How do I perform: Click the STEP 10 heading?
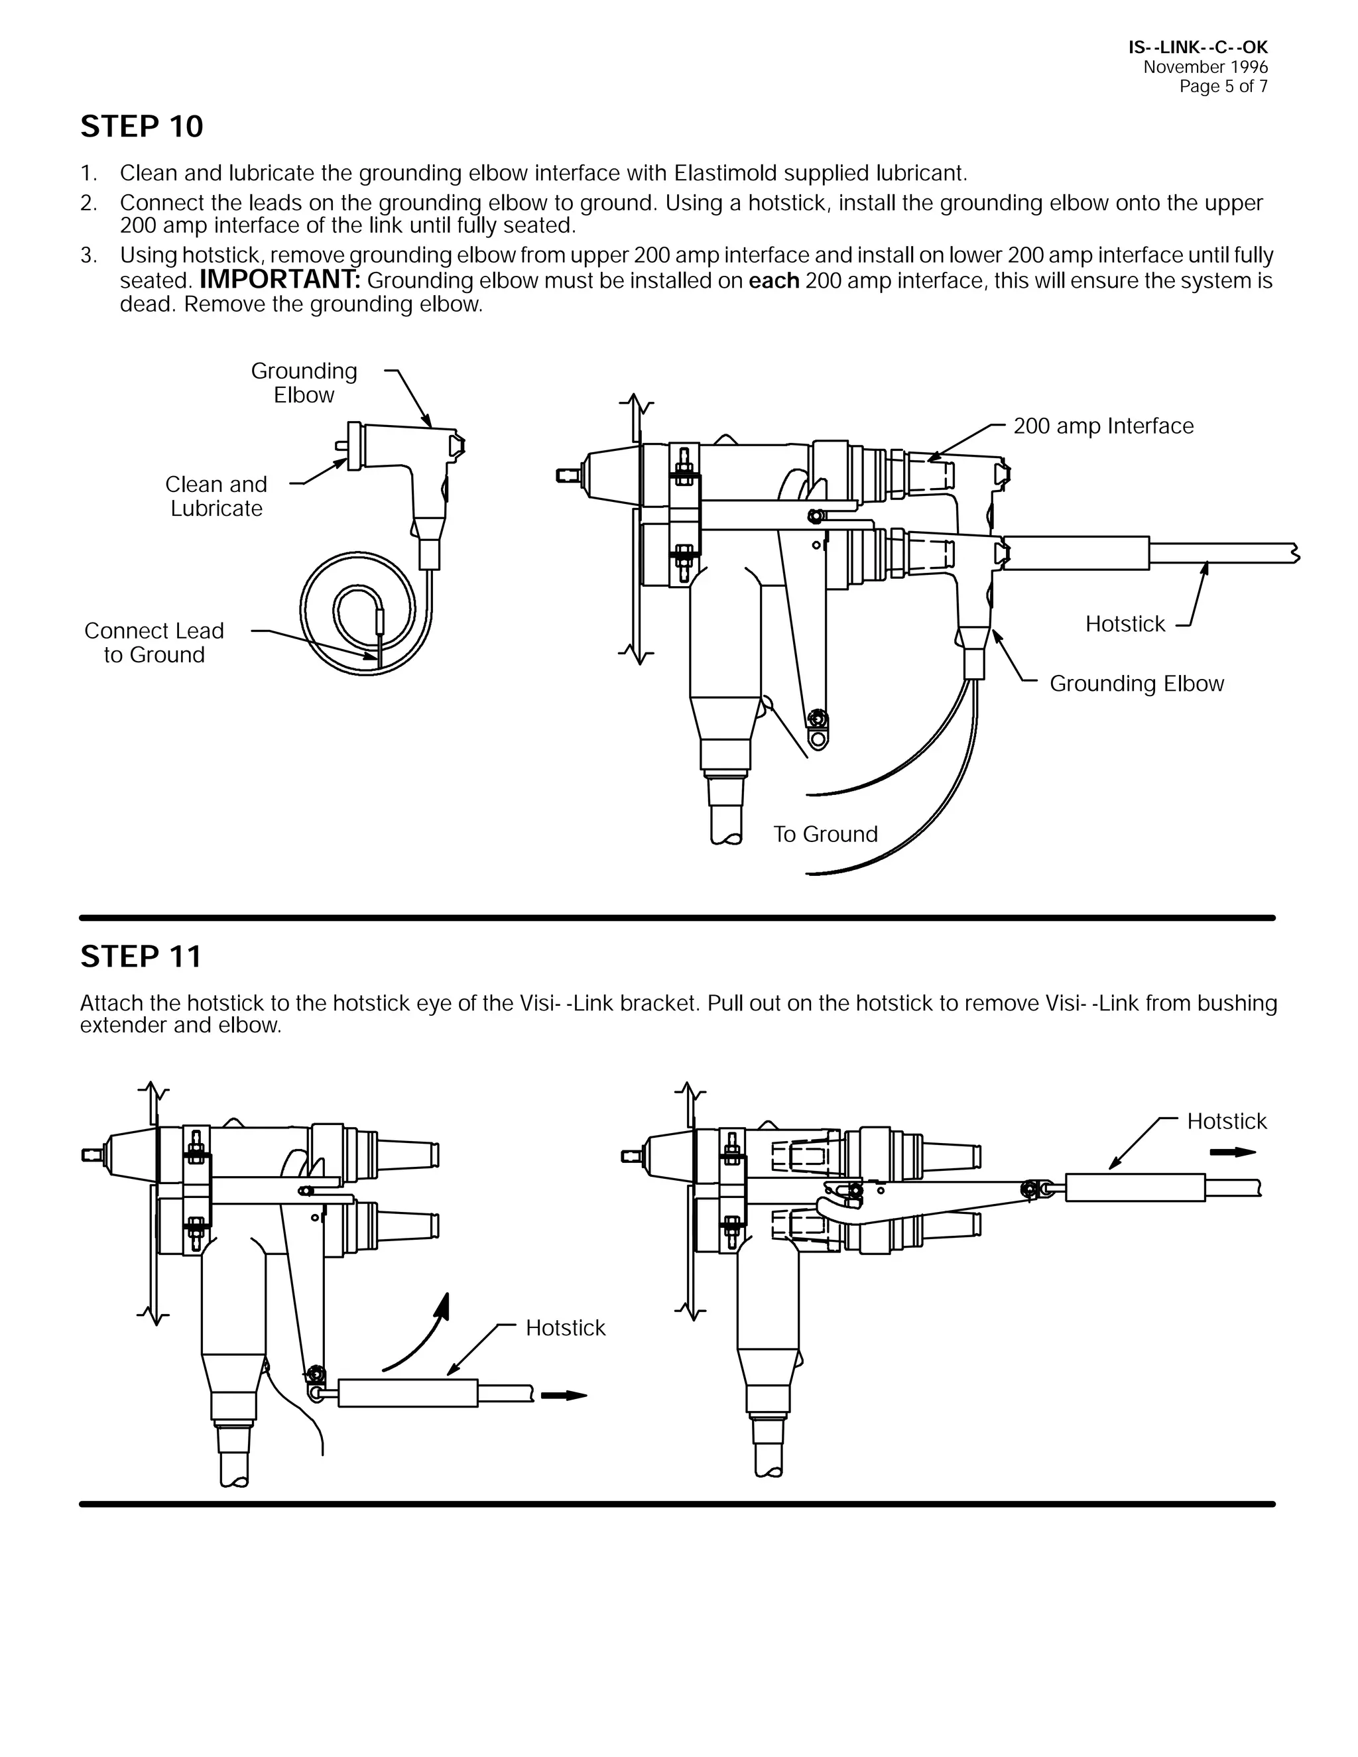142,127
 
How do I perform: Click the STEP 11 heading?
141,957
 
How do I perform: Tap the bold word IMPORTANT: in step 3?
280,280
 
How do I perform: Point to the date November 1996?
1205,68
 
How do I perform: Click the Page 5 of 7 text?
1223,87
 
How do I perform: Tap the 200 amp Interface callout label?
1103,426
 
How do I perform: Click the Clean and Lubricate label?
216,497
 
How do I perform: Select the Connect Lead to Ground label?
154,642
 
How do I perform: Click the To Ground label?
825,834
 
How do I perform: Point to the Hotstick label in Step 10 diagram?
1125,625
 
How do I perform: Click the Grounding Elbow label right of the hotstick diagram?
1136,684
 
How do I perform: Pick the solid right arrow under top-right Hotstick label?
1233,1153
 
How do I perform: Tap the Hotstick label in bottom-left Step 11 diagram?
565,1328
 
